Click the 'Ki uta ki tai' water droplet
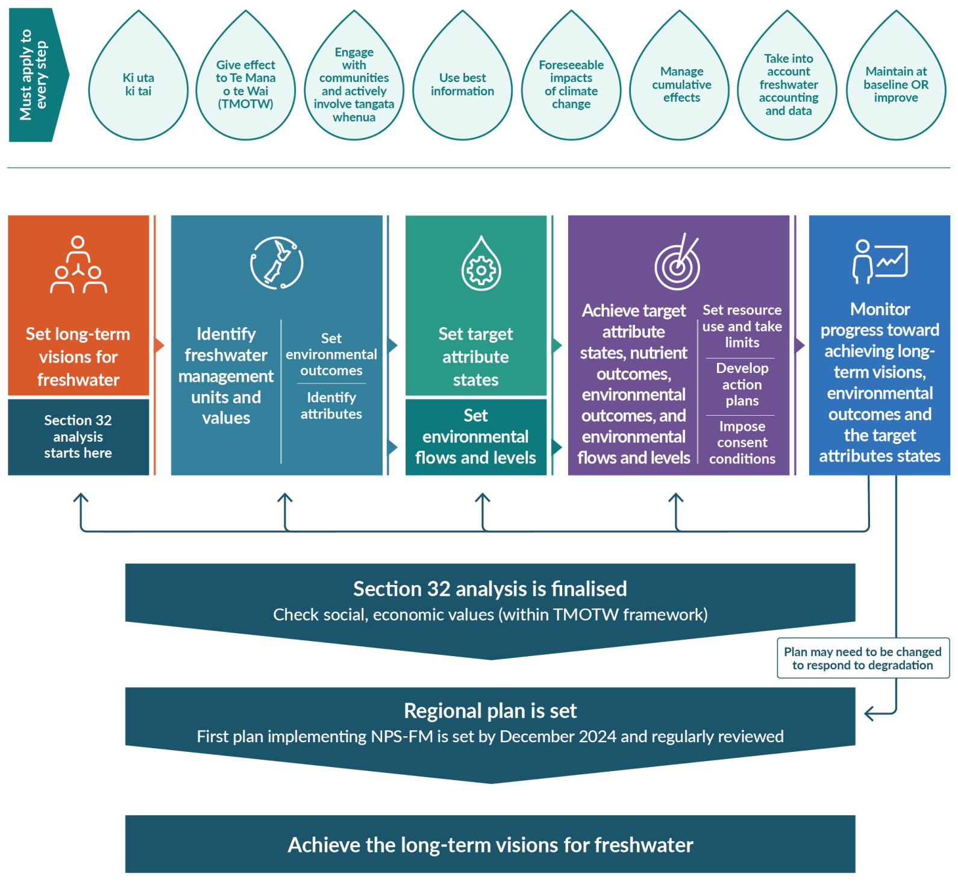click(138, 84)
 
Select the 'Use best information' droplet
click(462, 84)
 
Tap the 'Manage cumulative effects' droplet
click(681, 84)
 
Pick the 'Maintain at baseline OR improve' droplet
click(896, 84)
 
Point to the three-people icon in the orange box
click(78, 265)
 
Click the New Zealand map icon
click(277, 263)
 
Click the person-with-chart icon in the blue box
click(880, 261)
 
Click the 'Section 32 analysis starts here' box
click(78, 437)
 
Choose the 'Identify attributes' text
click(331, 405)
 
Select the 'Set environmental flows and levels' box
click(475, 437)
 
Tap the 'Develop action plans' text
click(742, 384)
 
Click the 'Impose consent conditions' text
click(742, 443)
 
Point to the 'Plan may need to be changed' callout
click(862, 658)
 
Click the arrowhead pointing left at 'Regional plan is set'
click(869, 714)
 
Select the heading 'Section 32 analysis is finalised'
click(490, 589)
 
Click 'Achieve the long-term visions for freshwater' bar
click(490, 845)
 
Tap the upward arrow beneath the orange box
click(81, 500)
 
